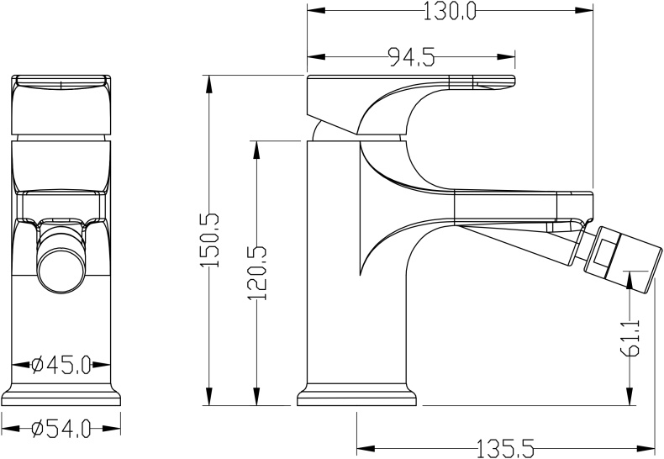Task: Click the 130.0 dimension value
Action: point(450,11)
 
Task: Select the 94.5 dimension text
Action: point(411,56)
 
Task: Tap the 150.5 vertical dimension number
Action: point(210,240)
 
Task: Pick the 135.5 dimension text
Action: point(506,448)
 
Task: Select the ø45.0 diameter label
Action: point(61,365)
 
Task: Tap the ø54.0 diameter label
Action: point(61,429)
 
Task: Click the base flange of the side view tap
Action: point(357,395)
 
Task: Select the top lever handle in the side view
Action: point(411,103)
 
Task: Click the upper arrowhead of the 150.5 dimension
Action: point(208,85)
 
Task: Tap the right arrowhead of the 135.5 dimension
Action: point(646,448)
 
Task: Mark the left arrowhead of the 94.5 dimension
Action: point(316,56)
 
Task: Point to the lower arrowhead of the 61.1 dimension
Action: point(630,396)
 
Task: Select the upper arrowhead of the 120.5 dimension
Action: point(256,150)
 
